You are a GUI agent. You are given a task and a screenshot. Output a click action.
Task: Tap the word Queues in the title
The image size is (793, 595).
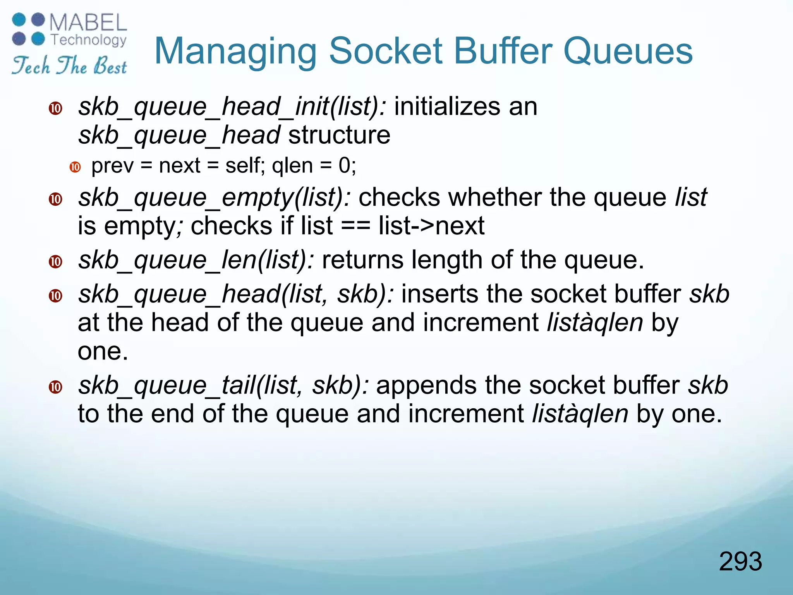point(628,52)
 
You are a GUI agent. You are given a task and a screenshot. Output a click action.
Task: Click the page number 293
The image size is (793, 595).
point(740,561)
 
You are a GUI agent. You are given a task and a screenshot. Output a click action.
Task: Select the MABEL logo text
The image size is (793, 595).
point(88,22)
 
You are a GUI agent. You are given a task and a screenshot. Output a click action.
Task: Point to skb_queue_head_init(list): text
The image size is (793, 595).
point(232,107)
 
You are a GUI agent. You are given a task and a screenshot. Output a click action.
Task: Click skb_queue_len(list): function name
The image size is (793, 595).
point(196,260)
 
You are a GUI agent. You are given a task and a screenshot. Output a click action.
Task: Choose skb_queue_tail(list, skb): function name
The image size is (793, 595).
point(223,385)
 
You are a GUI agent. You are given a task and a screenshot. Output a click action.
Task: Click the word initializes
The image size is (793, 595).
point(447,107)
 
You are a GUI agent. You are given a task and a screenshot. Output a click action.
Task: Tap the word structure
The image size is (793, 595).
point(339,135)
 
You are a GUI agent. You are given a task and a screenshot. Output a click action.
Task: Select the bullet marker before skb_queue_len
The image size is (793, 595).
point(56,262)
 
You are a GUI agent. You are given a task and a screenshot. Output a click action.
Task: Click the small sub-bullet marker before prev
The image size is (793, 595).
point(75,167)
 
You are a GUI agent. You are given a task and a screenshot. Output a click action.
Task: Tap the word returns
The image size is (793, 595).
point(362,260)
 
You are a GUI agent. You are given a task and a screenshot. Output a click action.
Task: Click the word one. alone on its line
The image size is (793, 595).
point(103,351)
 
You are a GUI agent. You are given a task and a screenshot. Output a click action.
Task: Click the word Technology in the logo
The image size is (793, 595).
point(89,40)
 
